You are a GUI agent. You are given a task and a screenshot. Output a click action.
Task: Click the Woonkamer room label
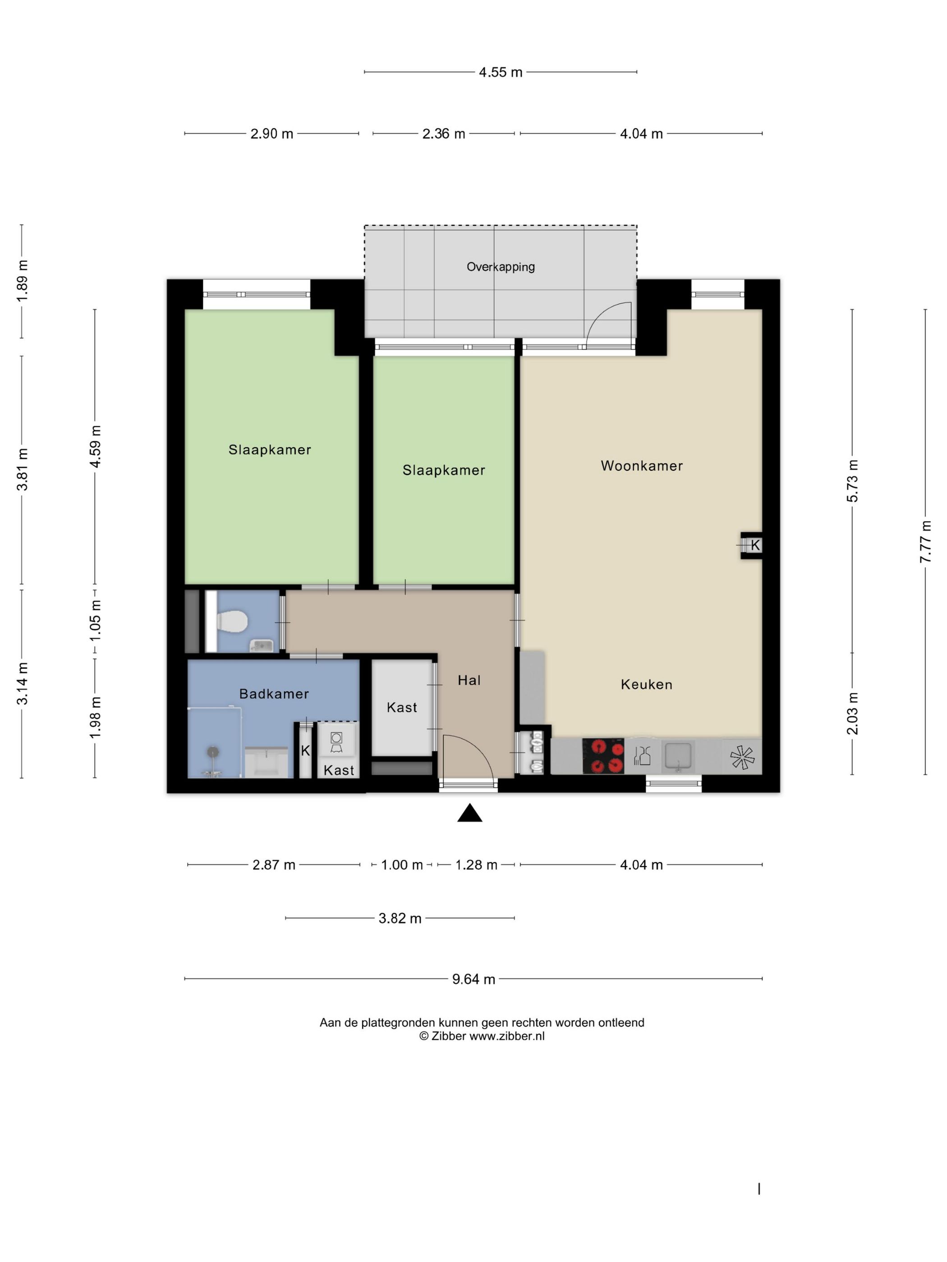coord(642,466)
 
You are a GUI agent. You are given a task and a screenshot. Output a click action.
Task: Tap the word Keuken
coord(646,684)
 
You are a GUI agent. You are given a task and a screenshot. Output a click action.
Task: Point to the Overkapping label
coord(501,267)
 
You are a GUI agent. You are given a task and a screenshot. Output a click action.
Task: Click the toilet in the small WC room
coord(232,621)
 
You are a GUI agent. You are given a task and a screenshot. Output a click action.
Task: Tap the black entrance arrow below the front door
coord(470,813)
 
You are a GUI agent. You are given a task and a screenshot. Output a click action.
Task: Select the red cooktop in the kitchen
coord(603,756)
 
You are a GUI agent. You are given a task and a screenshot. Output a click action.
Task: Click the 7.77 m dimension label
coord(925,542)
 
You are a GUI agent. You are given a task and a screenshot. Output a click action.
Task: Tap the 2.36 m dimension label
coord(444,133)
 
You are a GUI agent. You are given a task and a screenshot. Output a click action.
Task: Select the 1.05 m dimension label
coord(95,620)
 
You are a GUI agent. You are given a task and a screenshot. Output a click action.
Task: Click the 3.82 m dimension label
coord(400,918)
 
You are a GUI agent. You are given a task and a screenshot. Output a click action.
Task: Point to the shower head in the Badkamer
coord(213,752)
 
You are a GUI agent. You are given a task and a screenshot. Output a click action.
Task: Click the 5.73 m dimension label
coord(852,481)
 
